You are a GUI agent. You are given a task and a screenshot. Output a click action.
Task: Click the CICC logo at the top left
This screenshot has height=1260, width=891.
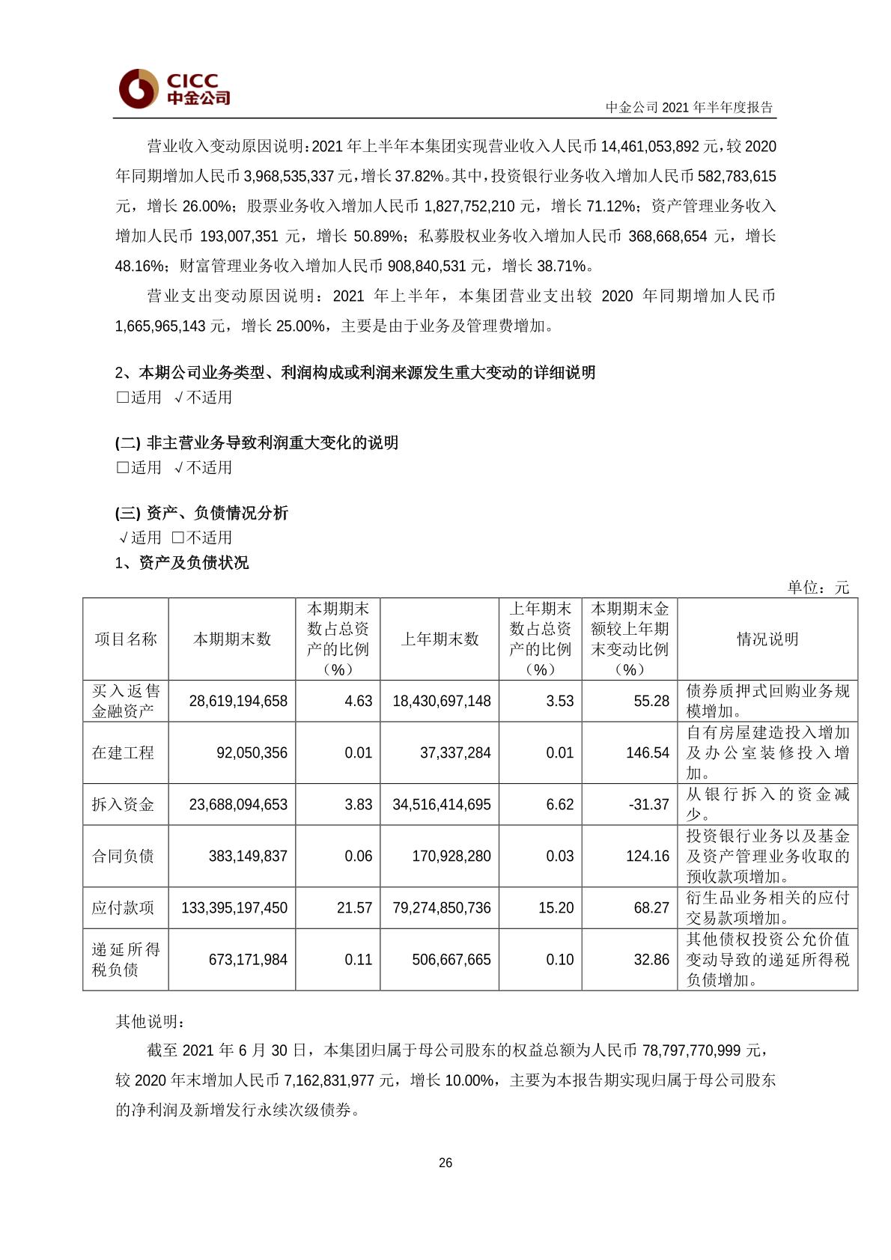tap(174, 88)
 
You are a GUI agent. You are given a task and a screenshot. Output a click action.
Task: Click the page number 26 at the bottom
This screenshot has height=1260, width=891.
tap(445, 1163)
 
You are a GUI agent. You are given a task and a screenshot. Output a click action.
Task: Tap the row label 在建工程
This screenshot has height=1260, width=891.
tap(123, 753)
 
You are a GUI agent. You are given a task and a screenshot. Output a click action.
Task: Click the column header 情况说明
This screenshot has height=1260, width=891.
tap(767, 639)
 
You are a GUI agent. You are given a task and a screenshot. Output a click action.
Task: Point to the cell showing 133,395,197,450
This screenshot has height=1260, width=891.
tap(234, 908)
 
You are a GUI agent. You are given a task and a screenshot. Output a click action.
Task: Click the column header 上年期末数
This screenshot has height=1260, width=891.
tap(440, 639)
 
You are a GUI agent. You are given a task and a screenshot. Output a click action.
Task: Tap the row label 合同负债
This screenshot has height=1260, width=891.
tap(123, 856)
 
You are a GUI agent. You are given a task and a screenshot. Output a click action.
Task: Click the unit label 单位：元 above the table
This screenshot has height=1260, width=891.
tap(818, 588)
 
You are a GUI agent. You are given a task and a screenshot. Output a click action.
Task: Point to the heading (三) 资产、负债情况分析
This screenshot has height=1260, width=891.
tap(201, 513)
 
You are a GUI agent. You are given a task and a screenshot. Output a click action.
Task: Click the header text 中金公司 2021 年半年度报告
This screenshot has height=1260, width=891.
tap(689, 107)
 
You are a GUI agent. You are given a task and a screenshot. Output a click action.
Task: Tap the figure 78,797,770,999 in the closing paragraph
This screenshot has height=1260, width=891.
tap(702, 1050)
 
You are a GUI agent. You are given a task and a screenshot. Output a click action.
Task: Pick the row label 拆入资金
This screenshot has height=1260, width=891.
tap(123, 805)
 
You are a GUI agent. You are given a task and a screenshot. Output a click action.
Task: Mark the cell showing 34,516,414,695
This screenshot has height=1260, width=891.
tap(441, 805)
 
